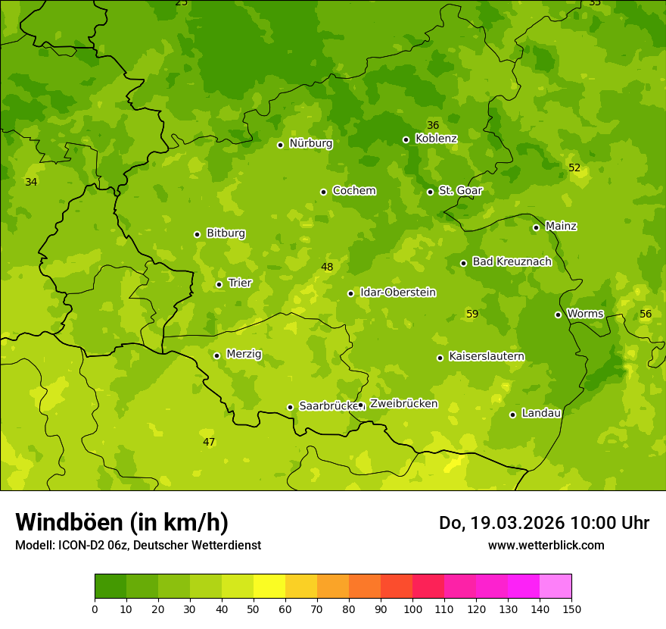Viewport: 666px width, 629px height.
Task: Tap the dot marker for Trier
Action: click(x=219, y=284)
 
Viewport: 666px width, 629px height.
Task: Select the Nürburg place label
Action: click(x=310, y=143)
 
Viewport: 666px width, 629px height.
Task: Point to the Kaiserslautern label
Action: click(x=486, y=356)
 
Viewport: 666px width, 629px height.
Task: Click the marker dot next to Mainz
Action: click(x=536, y=227)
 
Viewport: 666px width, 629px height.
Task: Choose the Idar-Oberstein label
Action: click(x=397, y=293)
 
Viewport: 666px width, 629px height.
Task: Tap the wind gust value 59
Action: click(x=472, y=314)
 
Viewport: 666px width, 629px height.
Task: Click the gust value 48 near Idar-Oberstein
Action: click(x=327, y=267)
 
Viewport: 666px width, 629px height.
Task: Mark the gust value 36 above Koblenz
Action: click(x=433, y=125)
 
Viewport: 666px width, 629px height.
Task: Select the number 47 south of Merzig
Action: click(x=209, y=442)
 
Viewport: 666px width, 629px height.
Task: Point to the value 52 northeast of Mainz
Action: click(x=574, y=167)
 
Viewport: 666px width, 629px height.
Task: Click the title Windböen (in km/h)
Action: click(x=122, y=522)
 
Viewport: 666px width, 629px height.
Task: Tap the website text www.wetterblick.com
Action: click(x=546, y=545)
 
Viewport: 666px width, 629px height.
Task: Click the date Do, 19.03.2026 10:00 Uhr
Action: click(x=543, y=523)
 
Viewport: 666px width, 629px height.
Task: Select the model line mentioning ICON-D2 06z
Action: click(x=138, y=545)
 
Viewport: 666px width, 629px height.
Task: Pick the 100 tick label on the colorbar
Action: click(x=412, y=609)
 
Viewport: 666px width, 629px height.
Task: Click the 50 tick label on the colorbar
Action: click(x=254, y=609)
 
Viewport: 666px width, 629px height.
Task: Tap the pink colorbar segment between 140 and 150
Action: click(x=556, y=587)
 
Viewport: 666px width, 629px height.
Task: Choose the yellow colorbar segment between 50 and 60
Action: click(x=269, y=587)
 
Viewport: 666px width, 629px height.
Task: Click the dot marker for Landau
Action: click(x=512, y=415)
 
